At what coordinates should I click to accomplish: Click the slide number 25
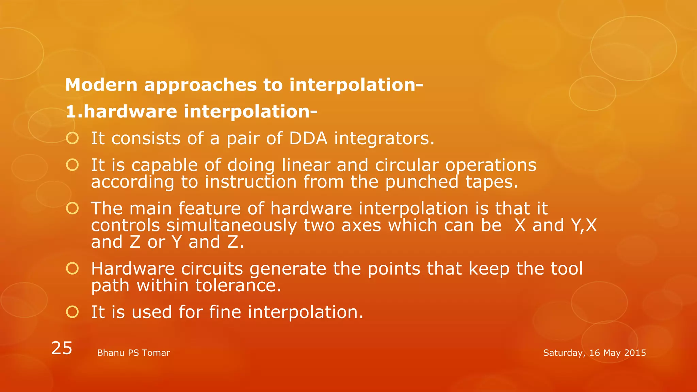coord(62,348)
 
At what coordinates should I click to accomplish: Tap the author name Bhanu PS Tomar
coord(133,353)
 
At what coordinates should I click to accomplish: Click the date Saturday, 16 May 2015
coord(594,353)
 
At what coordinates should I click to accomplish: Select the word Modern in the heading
coord(101,85)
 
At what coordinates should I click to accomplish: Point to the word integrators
coord(384,138)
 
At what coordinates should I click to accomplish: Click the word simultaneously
coord(231,225)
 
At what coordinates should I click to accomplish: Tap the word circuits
coord(212,269)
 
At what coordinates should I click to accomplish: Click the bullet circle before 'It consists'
coord(72,138)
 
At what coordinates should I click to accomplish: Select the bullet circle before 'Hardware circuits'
coord(72,269)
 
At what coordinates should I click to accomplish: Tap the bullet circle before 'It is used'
coord(72,312)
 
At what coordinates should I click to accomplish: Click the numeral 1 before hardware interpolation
coord(70,112)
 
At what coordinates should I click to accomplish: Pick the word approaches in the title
coord(200,85)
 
